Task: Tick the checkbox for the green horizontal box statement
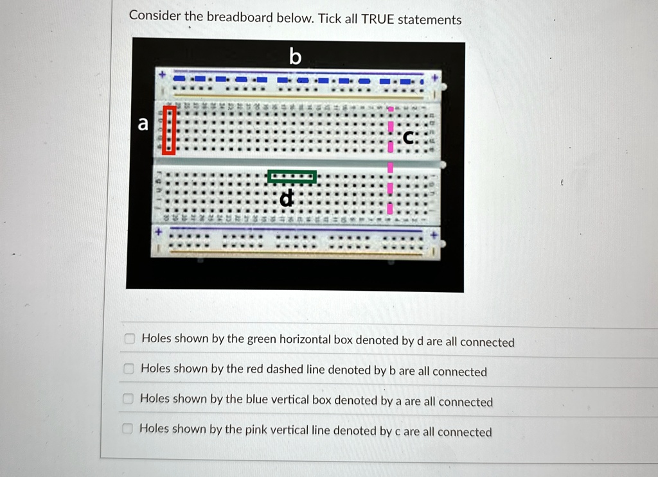click(129, 339)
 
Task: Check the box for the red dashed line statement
click(129, 369)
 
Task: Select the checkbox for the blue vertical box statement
click(128, 399)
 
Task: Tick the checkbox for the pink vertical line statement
click(128, 428)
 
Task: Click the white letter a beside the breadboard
click(143, 123)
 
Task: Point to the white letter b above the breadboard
click(294, 57)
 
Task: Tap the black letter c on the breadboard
click(409, 137)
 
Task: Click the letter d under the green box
click(287, 199)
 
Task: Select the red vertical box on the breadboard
click(168, 130)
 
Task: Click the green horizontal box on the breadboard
click(292, 177)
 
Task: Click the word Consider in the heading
click(155, 15)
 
